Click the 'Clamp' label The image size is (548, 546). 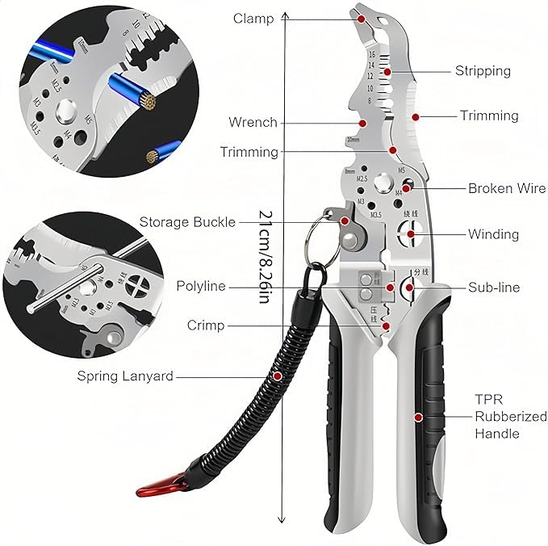coord(253,19)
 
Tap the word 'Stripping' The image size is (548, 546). coord(483,71)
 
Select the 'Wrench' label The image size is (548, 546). coord(253,123)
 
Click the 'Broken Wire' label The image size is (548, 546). coord(507,189)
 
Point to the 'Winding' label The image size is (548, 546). coord(493,235)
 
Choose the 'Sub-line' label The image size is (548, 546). coord(494,288)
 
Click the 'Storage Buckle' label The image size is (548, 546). coord(187,222)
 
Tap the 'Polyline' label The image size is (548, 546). coord(201,287)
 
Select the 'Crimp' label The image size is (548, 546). coord(206,325)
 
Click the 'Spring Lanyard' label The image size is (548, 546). coord(124,376)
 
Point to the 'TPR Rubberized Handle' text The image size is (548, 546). coord(498,417)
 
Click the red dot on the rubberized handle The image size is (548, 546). coord(418,417)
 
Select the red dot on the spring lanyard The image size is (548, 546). coord(278,376)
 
